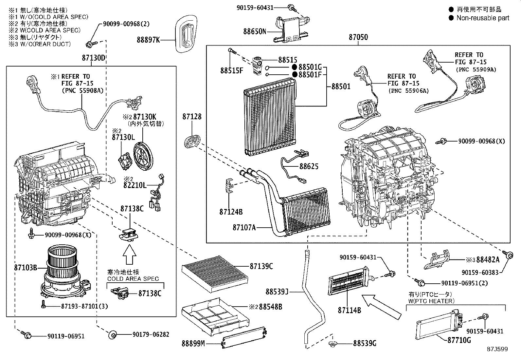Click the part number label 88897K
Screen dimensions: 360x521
coord(148,40)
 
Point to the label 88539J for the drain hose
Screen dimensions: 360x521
coord(277,291)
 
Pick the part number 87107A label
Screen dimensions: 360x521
coord(244,227)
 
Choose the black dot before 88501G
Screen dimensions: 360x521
coord(295,67)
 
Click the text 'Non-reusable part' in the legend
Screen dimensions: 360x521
coord(483,18)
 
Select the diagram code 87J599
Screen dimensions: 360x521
coord(496,349)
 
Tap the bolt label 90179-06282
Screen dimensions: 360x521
coord(151,334)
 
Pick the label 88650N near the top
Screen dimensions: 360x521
coord(255,31)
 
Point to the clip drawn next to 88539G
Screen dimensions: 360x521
coord(333,344)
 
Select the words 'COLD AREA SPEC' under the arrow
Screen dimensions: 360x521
coord(133,279)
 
